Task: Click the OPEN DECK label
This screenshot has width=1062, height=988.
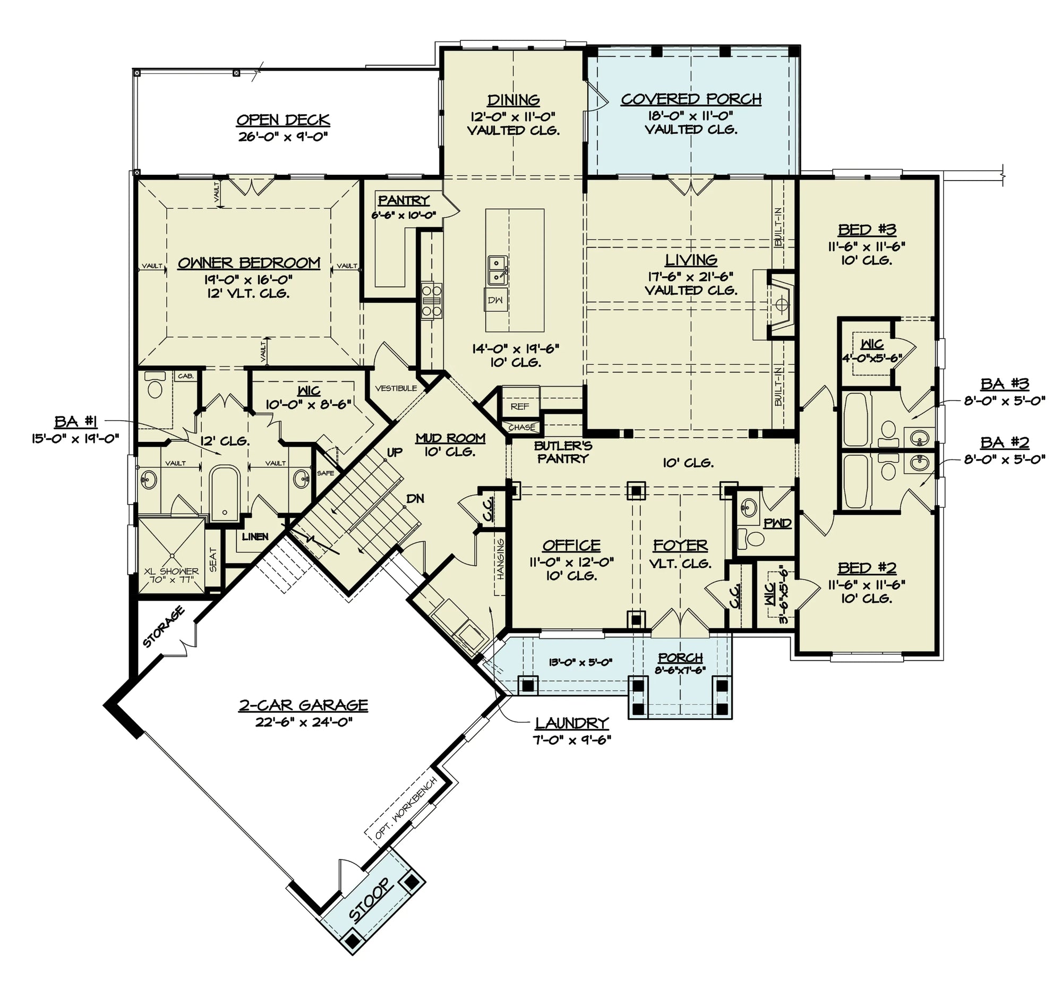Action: point(282,120)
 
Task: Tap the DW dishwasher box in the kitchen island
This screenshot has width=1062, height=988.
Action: point(495,300)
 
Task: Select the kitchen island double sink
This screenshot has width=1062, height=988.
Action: point(497,270)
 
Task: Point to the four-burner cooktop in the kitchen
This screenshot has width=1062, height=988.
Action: point(432,301)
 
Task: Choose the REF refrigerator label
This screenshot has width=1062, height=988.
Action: point(519,406)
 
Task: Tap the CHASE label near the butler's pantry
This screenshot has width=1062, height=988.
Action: point(521,427)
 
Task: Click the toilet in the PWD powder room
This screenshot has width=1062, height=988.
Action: point(751,538)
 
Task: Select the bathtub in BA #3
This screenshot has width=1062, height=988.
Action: point(856,420)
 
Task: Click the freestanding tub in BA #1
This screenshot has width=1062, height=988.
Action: point(225,492)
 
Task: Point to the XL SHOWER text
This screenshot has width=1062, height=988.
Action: point(171,571)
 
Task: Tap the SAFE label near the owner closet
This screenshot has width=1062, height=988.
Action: point(326,473)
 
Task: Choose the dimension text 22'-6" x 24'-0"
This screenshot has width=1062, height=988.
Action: point(303,722)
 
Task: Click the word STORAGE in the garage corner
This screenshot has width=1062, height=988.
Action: point(164,627)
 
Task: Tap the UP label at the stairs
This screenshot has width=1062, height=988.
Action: point(394,453)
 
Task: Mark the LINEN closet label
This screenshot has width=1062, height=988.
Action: point(255,536)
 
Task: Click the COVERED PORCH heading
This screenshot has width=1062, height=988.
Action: point(691,99)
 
